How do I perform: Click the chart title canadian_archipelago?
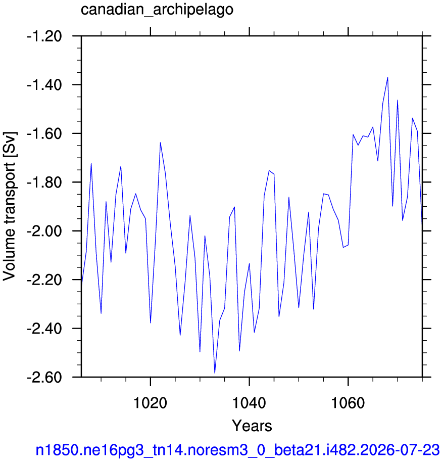click(x=157, y=10)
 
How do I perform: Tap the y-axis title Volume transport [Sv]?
click(x=10, y=206)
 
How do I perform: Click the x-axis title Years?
click(x=252, y=426)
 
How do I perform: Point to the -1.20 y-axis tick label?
click(x=44, y=36)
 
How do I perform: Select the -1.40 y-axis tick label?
click(x=44, y=85)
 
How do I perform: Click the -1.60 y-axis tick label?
click(x=44, y=134)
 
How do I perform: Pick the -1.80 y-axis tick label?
click(x=44, y=182)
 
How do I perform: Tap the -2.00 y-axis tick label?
click(x=44, y=231)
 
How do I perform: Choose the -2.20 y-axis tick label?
click(x=44, y=280)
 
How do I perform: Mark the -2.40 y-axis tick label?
click(x=44, y=329)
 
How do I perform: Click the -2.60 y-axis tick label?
click(x=44, y=377)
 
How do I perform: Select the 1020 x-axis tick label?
click(x=150, y=403)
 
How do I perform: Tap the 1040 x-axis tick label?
click(x=249, y=403)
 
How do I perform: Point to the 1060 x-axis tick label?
click(x=348, y=403)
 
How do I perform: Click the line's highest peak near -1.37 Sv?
click(x=387, y=77)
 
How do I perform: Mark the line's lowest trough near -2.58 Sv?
click(x=215, y=373)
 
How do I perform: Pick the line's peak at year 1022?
click(x=160, y=143)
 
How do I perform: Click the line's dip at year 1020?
click(x=151, y=323)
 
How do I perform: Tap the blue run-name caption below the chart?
click(x=237, y=450)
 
